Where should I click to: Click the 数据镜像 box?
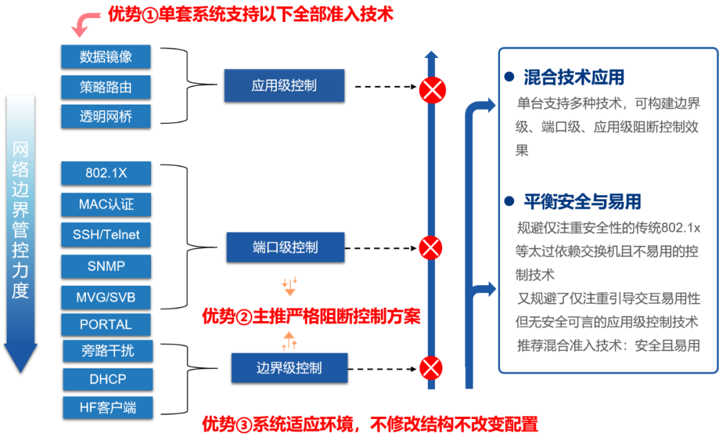pos(106,57)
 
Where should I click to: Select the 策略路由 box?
pos(106,87)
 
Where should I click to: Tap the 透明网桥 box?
pos(106,117)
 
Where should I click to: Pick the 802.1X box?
pos(106,173)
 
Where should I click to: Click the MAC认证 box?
pos(106,204)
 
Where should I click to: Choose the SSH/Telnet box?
pos(106,234)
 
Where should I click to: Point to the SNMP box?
pos(106,266)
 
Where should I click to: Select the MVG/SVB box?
pos(106,296)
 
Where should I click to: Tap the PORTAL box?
pos(106,324)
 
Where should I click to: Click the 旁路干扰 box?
pos(108,351)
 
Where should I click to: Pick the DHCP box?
pos(108,379)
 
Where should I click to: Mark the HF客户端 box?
pos(108,407)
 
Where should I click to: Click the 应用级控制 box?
pos(284,85)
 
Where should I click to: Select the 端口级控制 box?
pos(285,247)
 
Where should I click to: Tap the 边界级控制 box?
pos(289,368)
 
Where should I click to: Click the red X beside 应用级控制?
pos(432,89)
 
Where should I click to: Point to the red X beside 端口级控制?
pos(431,248)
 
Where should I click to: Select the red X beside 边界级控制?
pos(431,367)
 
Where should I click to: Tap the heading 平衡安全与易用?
pos(582,201)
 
